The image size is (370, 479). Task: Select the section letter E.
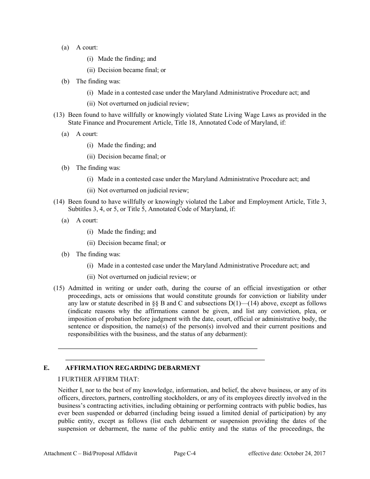[46, 368]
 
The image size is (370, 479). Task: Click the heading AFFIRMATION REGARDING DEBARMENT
[133, 368]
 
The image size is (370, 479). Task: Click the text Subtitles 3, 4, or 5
[90, 209]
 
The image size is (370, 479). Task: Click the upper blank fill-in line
[157, 348]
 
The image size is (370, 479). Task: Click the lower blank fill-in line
[165, 359]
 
